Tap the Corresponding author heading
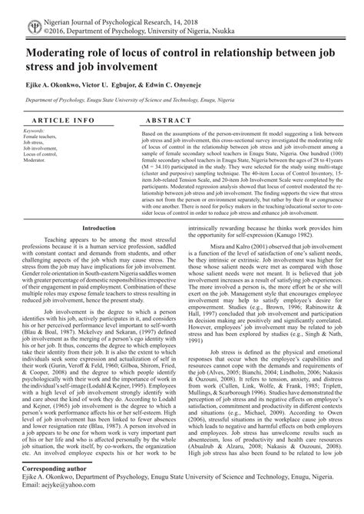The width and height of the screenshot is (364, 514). tap(59, 489)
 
